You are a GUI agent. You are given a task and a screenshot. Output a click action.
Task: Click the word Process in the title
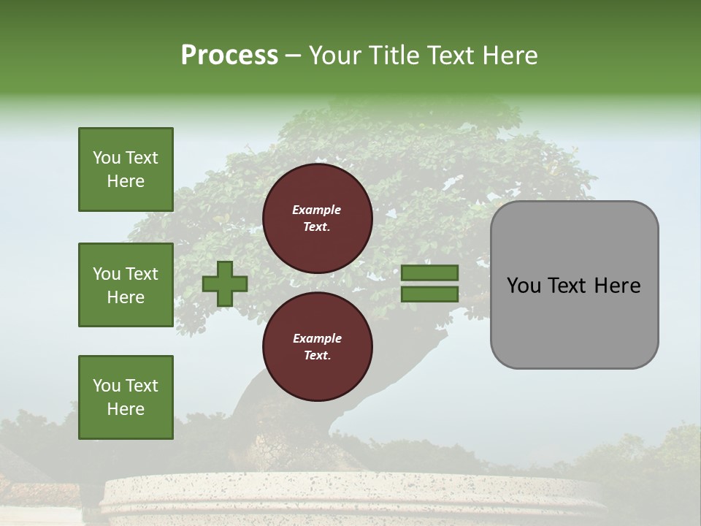(x=229, y=56)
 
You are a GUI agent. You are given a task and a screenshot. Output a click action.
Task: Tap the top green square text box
(x=126, y=169)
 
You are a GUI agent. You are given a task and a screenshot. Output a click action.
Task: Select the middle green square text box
(x=126, y=285)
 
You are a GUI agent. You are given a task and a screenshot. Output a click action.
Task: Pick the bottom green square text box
(x=126, y=397)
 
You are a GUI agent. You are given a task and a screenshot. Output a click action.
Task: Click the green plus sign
(x=225, y=283)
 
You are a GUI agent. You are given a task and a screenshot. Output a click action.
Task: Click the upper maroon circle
(x=317, y=218)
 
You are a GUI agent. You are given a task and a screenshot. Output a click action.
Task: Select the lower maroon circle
(x=317, y=347)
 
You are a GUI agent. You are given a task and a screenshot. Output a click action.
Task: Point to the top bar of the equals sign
(x=429, y=272)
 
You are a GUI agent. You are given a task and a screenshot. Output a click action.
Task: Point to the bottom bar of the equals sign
(x=429, y=294)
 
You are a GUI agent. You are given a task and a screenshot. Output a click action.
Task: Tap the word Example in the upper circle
(x=317, y=210)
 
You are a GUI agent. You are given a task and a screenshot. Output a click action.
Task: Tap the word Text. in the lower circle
(x=317, y=356)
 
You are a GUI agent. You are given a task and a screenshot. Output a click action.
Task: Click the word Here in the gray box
(x=617, y=286)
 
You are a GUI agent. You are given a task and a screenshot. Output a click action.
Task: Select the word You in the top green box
(x=107, y=158)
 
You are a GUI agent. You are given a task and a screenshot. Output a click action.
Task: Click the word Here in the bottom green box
(x=126, y=409)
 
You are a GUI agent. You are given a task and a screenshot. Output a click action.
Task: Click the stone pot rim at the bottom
(x=350, y=489)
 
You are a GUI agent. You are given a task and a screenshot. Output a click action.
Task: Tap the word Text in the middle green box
(x=142, y=274)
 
